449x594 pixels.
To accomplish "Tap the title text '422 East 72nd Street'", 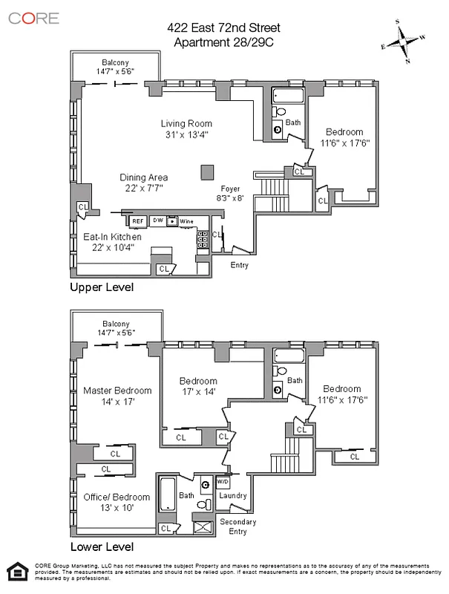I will (x=224, y=28).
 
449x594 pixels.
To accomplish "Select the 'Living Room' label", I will (x=187, y=124).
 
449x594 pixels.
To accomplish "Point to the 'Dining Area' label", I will (x=144, y=177).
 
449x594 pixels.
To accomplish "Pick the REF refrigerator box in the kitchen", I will (x=137, y=221).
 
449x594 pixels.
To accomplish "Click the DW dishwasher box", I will (x=157, y=221).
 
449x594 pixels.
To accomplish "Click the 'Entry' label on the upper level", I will (x=240, y=265).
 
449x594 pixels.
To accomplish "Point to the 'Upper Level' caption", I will (x=101, y=287).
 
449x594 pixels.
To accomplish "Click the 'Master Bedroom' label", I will (x=117, y=391).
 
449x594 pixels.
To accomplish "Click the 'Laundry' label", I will (x=232, y=496).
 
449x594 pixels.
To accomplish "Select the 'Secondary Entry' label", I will (x=238, y=527).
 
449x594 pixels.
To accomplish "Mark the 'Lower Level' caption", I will (x=101, y=547).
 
